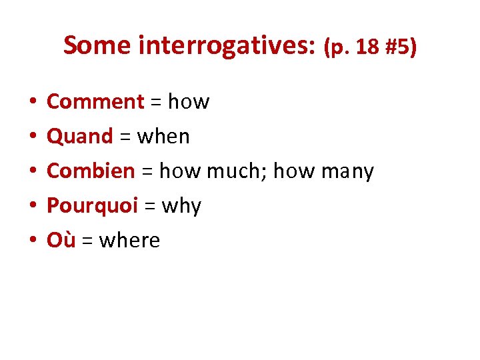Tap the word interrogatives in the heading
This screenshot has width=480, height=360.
(x=227, y=46)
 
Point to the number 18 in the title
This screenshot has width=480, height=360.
(x=366, y=47)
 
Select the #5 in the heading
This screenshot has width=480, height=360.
(x=398, y=47)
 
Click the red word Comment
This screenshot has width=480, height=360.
(x=95, y=102)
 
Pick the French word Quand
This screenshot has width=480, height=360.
(x=80, y=137)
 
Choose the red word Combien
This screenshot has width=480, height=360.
(x=91, y=171)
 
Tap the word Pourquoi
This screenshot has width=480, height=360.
(x=92, y=206)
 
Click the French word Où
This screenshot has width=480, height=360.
(x=61, y=240)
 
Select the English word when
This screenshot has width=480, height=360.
(x=163, y=137)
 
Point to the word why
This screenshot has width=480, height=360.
(x=181, y=206)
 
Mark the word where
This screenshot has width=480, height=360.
(x=129, y=241)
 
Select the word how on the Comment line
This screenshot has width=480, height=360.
(x=189, y=102)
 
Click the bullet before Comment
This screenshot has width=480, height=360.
(x=32, y=103)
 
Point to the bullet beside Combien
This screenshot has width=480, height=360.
(x=32, y=172)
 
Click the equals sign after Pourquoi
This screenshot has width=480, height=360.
(x=150, y=207)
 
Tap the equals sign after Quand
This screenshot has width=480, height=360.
(x=125, y=137)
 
